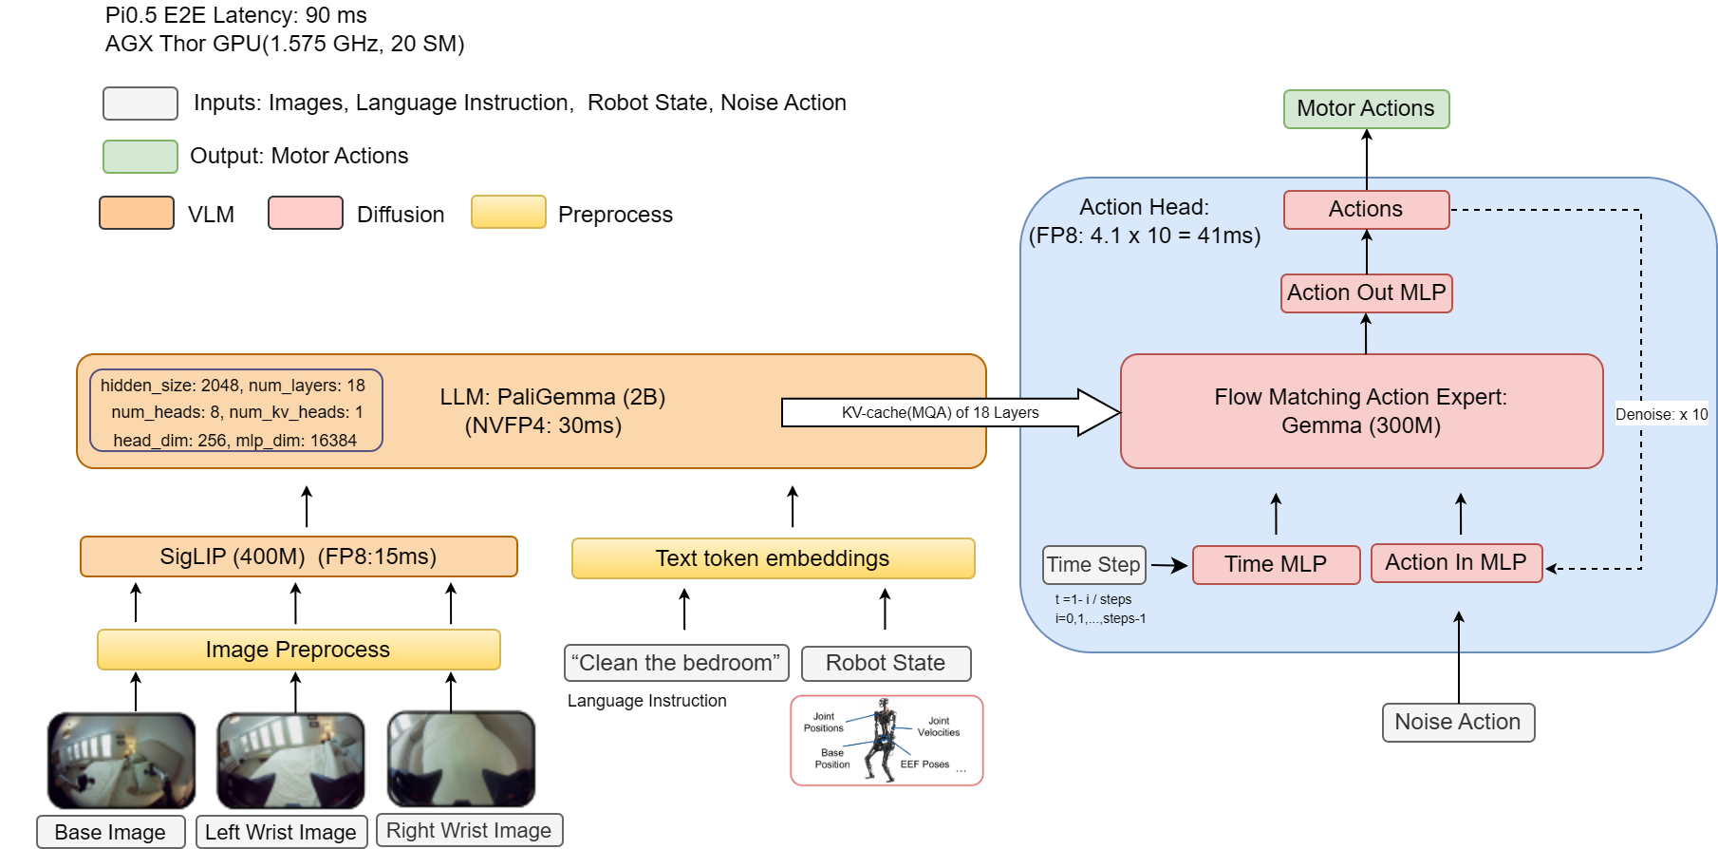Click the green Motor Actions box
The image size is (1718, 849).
point(1366,109)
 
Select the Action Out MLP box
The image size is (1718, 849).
point(1366,292)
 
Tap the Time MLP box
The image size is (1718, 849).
point(1276,564)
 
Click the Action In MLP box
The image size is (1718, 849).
point(1456,563)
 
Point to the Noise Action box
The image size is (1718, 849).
point(1458,722)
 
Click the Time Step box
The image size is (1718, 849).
point(1093,564)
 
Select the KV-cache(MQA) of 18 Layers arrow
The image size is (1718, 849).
point(940,412)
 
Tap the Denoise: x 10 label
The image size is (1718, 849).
point(1661,414)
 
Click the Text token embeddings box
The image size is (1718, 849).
point(773,558)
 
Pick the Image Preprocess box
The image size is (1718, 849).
point(298,650)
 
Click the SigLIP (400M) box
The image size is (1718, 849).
point(298,557)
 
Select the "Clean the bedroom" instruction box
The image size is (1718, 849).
point(676,663)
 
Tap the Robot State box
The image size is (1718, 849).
point(886,663)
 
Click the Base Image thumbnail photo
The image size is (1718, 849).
point(121,760)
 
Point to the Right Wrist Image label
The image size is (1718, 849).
point(469,830)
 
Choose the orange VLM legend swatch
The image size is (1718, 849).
point(137,213)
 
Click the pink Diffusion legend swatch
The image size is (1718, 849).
point(305,213)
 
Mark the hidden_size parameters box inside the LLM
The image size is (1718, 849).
point(235,411)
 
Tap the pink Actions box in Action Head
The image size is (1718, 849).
point(1366,210)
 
